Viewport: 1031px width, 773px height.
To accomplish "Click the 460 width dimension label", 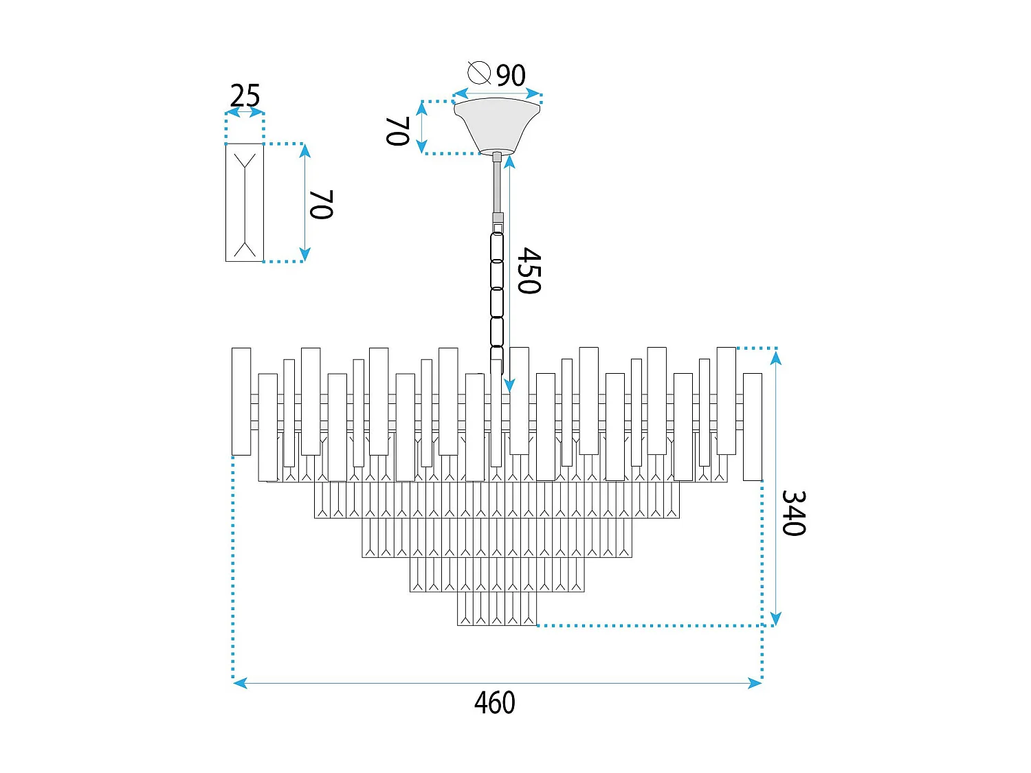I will [x=494, y=703].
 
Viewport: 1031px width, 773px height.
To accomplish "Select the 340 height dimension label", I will [x=793, y=513].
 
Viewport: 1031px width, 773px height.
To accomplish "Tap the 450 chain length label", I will [x=529, y=271].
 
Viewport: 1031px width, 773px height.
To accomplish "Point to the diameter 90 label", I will [x=511, y=75].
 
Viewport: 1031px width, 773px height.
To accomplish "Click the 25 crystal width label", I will [x=245, y=96].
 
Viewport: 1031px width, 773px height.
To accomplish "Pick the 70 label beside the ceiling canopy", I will [x=398, y=131].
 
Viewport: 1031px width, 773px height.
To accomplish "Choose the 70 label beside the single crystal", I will [x=321, y=205].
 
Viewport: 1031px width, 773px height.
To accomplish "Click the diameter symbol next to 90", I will [x=478, y=72].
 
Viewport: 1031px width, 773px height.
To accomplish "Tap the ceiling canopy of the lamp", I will [x=497, y=124].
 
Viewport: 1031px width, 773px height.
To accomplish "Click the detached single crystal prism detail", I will [x=245, y=202].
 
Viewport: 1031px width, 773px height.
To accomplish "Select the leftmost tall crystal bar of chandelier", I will [x=241, y=401].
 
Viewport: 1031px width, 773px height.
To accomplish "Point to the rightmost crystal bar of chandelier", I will [x=753, y=427].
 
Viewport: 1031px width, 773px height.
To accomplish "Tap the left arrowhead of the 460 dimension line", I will [x=239, y=682].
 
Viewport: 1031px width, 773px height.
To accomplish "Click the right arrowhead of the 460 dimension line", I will [x=756, y=682].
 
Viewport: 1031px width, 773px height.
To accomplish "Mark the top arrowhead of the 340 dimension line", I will [x=775, y=357].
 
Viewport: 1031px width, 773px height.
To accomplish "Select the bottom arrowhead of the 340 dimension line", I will [x=775, y=619].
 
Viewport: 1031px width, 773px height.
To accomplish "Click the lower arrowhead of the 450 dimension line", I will [x=509, y=385].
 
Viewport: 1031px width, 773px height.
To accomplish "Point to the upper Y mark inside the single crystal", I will [x=245, y=162].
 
